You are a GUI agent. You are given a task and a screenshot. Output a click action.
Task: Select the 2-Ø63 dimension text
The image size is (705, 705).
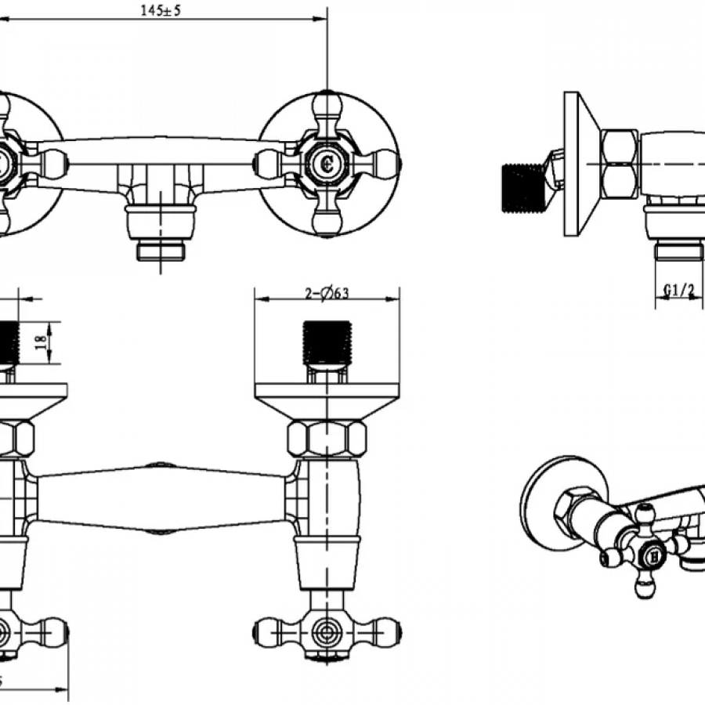point(327,294)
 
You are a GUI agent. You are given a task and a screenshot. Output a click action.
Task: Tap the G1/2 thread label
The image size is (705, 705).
point(679,291)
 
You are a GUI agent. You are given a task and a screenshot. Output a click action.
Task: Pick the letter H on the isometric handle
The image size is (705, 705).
point(653,557)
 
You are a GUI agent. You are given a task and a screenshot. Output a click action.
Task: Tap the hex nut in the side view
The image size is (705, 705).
point(619,164)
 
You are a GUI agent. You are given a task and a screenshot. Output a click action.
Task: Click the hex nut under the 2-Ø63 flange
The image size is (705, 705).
point(327,439)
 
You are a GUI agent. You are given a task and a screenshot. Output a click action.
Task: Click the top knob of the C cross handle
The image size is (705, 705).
point(327,105)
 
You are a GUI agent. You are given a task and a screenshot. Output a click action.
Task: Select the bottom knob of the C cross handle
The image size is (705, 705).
point(327,222)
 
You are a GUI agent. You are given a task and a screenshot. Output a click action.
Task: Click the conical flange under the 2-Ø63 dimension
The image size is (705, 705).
point(327,399)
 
